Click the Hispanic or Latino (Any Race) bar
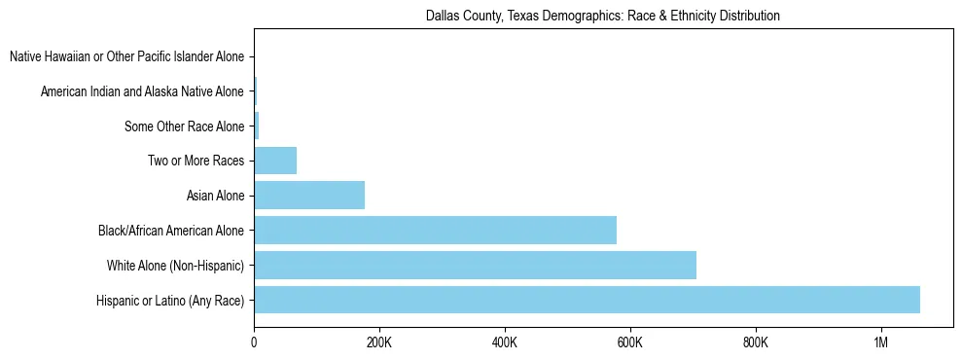(x=587, y=300)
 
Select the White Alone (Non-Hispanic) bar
(x=475, y=265)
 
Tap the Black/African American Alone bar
(x=435, y=230)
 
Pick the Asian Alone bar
(x=309, y=196)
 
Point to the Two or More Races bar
(x=275, y=161)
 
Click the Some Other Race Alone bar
(x=257, y=126)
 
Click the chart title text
(x=603, y=17)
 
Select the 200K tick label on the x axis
(x=379, y=342)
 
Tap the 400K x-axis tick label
(x=505, y=342)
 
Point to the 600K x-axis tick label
(x=630, y=342)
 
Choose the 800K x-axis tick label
(x=756, y=342)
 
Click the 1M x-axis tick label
(x=881, y=342)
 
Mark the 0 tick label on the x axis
(x=254, y=342)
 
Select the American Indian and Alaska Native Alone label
(x=142, y=91)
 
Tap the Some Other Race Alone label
(x=184, y=126)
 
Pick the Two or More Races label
(x=196, y=162)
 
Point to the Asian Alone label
(x=215, y=197)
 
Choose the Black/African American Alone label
(x=171, y=231)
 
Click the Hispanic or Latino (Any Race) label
(x=170, y=301)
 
